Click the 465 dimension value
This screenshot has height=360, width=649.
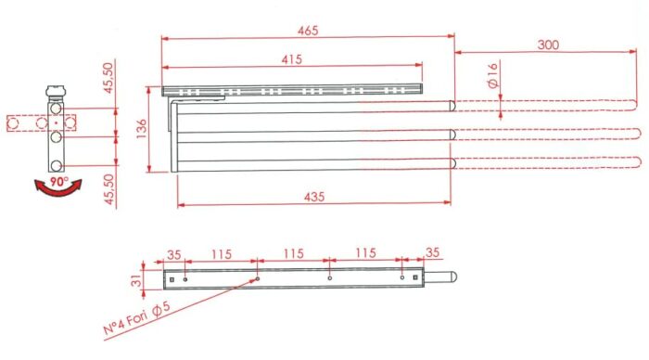click(x=308, y=31)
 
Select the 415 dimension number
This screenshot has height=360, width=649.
click(x=292, y=59)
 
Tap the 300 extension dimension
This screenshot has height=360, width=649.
click(x=548, y=45)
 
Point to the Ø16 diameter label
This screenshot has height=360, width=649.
click(x=492, y=75)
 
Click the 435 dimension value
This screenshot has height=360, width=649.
click(x=314, y=197)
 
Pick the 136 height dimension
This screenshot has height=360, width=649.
click(x=142, y=129)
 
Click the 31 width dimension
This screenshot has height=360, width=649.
click(x=136, y=280)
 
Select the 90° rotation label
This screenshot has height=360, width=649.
click(x=58, y=181)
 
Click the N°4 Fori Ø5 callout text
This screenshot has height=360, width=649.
click(x=136, y=317)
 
